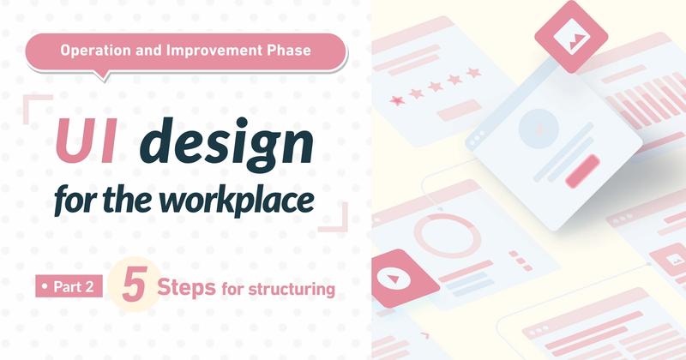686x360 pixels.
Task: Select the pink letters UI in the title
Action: (87, 141)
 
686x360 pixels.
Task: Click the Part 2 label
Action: (69, 286)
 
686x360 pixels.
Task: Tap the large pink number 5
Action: (134, 284)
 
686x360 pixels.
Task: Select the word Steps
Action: (186, 287)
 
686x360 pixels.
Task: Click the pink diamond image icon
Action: (571, 37)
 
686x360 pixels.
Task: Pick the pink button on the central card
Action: (582, 171)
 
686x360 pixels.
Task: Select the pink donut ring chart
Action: (447, 236)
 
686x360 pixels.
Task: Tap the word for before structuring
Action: (232, 289)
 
